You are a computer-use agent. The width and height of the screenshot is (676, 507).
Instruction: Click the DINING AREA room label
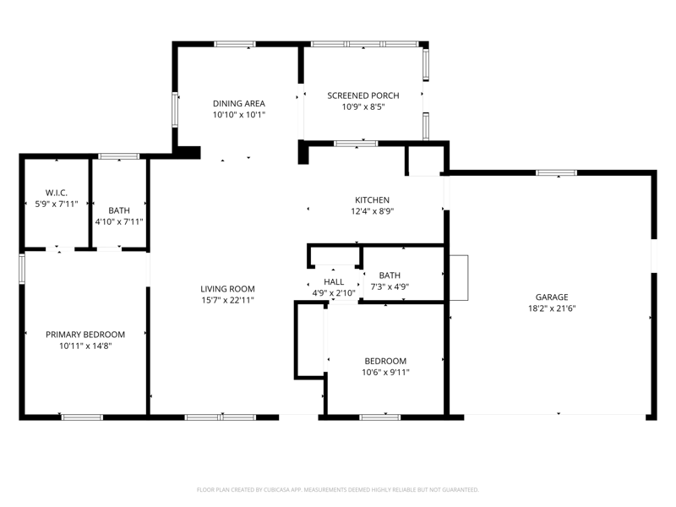tap(239, 103)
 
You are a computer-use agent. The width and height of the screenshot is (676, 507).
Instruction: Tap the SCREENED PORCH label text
tap(363, 95)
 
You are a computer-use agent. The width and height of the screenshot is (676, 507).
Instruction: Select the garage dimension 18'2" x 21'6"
tap(552, 308)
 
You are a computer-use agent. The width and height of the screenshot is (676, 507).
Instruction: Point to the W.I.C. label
tap(57, 193)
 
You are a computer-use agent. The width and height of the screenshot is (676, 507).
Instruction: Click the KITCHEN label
tap(372, 200)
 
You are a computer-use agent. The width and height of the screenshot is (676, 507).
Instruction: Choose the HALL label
tap(334, 282)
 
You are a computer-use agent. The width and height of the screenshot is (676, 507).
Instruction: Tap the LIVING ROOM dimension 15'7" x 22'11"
tap(227, 300)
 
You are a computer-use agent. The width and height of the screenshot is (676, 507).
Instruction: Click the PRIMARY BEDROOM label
tap(85, 335)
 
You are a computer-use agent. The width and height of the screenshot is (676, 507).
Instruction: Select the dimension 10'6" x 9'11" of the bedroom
tap(385, 373)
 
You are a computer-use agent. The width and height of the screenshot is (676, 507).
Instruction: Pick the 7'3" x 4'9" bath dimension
tap(390, 286)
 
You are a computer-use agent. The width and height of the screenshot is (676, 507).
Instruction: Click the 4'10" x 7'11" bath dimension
tap(119, 221)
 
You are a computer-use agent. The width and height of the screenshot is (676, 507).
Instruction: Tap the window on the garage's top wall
tap(557, 173)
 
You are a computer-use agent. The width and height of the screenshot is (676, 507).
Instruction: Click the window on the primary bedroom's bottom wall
tap(82, 417)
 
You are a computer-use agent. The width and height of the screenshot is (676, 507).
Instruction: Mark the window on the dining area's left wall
tap(175, 110)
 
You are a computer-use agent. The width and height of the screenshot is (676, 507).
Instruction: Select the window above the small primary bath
tap(119, 156)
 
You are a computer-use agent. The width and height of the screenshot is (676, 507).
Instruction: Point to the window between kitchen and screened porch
tap(356, 144)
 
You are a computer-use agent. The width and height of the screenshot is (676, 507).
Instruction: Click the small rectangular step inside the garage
tap(459, 278)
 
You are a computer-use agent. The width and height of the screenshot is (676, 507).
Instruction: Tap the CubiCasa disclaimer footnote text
tap(337, 490)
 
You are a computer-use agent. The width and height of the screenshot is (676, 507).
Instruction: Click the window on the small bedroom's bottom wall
tap(379, 417)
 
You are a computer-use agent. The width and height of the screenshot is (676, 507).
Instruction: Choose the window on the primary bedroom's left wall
tap(22, 269)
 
